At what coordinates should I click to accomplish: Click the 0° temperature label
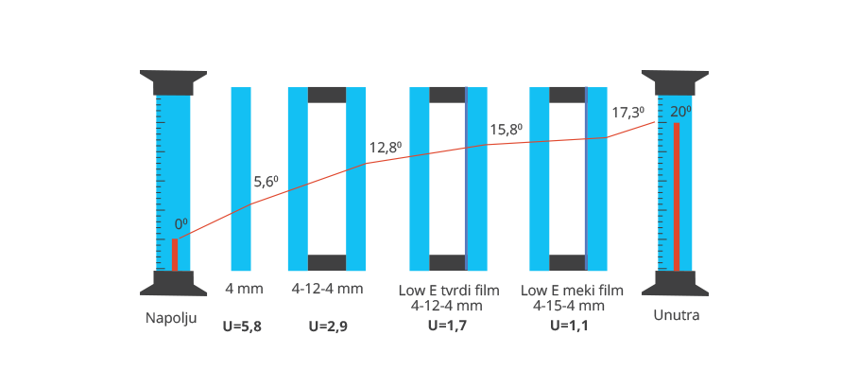[x=180, y=224]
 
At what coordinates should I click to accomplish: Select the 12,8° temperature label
[x=385, y=148]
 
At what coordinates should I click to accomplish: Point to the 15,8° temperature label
[x=507, y=130]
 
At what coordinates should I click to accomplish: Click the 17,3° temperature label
[x=627, y=112]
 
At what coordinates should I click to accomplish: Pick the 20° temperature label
[x=681, y=112]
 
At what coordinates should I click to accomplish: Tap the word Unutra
[x=677, y=315]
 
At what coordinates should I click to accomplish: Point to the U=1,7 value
[x=447, y=327]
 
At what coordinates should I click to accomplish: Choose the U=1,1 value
[x=568, y=327]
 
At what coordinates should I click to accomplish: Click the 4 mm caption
[x=244, y=289]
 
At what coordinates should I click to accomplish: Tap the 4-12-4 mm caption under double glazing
[x=327, y=289]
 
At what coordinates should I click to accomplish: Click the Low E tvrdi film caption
[x=447, y=289]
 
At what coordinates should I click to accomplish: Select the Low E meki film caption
[x=568, y=289]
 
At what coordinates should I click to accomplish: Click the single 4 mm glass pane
[x=241, y=180]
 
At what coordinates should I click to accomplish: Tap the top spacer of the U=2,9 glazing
[x=327, y=95]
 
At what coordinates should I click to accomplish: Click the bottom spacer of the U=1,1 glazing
[x=567, y=262]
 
